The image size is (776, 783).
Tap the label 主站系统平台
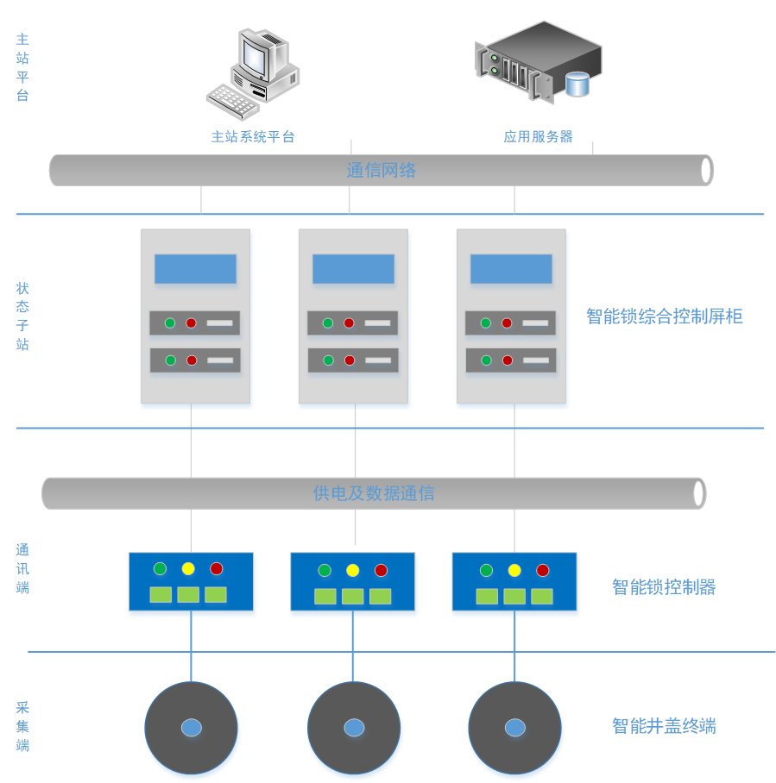click(253, 136)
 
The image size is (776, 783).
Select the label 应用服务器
click(539, 136)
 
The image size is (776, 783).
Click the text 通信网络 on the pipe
click(381, 170)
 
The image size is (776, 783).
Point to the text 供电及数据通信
click(373, 493)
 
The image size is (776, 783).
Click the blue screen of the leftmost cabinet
click(195, 269)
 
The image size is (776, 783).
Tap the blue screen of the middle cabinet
click(353, 269)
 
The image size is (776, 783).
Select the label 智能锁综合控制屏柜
click(664, 316)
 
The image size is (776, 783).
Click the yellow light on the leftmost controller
click(188, 568)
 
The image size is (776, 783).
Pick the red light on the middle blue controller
click(381, 570)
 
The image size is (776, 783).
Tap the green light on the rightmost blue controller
click(486, 570)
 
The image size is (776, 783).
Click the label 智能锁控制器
click(664, 587)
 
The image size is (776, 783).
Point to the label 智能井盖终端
click(664, 725)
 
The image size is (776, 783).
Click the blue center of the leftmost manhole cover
click(191, 728)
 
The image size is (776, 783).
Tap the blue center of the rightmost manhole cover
click(514, 728)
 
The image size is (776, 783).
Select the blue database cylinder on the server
click(577, 84)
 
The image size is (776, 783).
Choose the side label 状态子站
click(22, 316)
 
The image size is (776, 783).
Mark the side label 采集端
click(22, 725)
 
